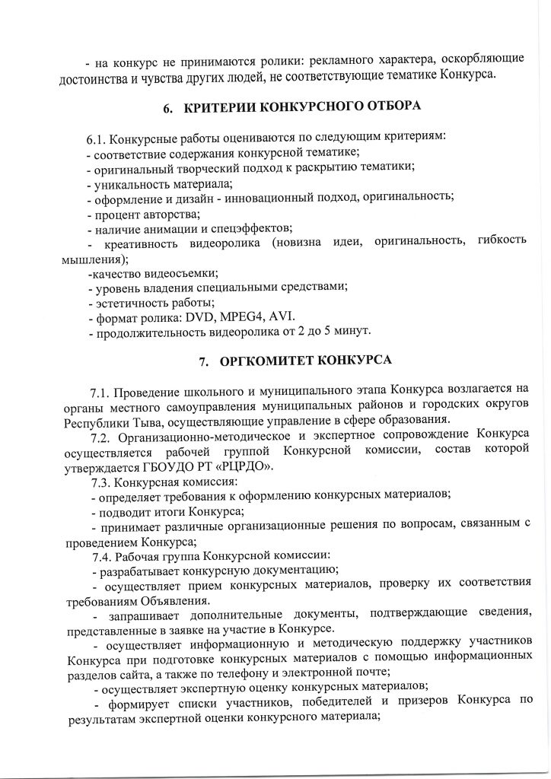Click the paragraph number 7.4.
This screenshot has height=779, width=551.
point(100,555)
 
